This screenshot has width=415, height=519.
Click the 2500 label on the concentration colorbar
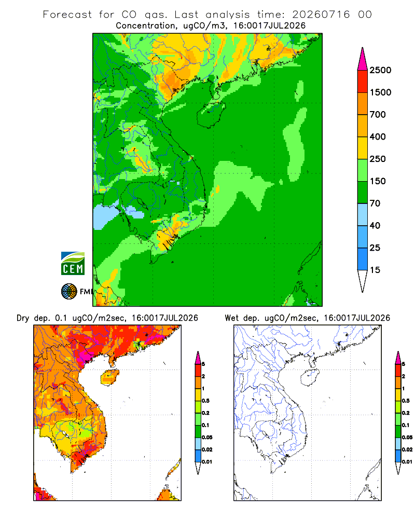click(380, 70)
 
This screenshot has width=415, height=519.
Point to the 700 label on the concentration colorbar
click(378, 115)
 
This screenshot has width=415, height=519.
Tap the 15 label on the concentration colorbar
click(375, 270)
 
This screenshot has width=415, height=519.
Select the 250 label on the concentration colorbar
click(378, 159)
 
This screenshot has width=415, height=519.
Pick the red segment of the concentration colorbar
click(363, 81)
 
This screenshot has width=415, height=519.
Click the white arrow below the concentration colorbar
click(363, 280)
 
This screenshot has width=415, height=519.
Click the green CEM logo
click(73, 264)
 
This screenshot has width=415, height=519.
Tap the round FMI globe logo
click(69, 292)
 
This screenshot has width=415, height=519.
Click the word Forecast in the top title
click(67, 14)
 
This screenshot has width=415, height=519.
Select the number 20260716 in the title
click(321, 14)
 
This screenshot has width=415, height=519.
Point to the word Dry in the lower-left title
click(23, 318)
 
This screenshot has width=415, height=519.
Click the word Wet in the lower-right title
click(231, 318)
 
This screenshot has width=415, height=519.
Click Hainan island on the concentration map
click(211, 114)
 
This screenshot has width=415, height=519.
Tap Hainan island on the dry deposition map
click(109, 377)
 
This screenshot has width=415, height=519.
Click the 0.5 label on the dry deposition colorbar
click(205, 401)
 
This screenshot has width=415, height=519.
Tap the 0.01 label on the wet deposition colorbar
click(407, 462)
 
